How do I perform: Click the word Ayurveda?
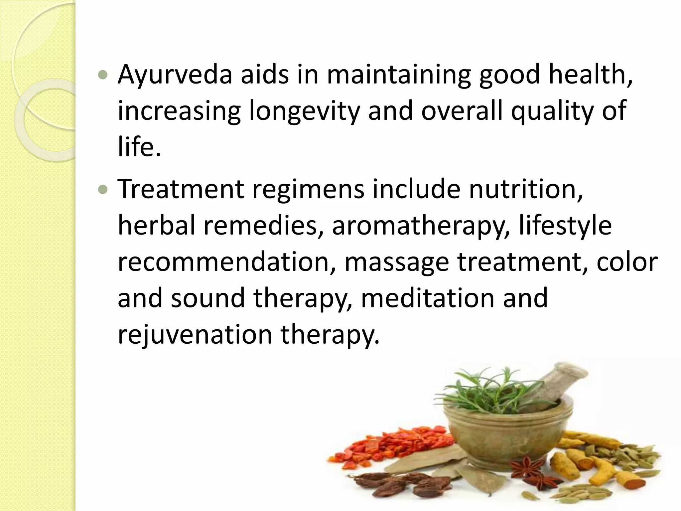[x=175, y=75]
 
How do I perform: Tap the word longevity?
[x=304, y=111]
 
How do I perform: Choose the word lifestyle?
[x=565, y=226]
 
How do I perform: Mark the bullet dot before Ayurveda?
[x=104, y=75]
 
